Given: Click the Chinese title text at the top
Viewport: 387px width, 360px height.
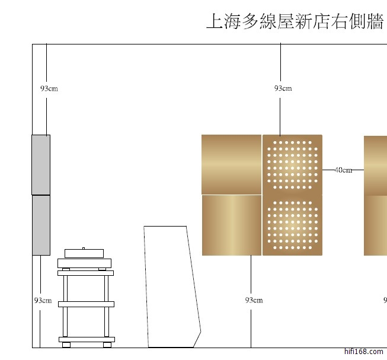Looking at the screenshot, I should tap(295, 22).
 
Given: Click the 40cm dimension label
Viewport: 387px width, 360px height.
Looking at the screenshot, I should tap(343, 170).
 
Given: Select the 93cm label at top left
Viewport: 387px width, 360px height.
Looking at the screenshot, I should tap(49, 89).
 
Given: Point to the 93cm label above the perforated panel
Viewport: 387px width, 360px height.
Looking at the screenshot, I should tap(283, 88).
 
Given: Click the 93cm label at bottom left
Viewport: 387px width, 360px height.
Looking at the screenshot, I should tap(43, 300).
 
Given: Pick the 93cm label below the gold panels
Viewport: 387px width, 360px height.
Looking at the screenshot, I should tap(254, 300).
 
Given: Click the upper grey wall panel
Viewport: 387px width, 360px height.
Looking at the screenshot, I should tap(41, 164).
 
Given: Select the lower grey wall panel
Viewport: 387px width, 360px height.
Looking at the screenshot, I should tap(41, 225).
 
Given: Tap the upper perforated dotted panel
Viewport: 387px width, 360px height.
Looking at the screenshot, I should tap(292, 164).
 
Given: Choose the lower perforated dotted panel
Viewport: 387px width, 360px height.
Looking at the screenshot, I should tap(292, 225).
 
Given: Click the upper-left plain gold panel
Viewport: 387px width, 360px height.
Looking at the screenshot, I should tap(231, 164).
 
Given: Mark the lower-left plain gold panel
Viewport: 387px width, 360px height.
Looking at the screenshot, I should tap(232, 225).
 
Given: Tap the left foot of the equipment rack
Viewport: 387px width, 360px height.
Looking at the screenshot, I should tap(66, 345).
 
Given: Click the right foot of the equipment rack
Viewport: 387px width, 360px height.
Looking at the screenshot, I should tap(107, 345).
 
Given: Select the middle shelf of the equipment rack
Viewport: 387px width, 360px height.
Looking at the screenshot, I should tap(86, 304).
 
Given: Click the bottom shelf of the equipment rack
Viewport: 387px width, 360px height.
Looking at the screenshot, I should tap(86, 339).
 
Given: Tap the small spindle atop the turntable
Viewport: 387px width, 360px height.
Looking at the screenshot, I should tap(84, 248).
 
